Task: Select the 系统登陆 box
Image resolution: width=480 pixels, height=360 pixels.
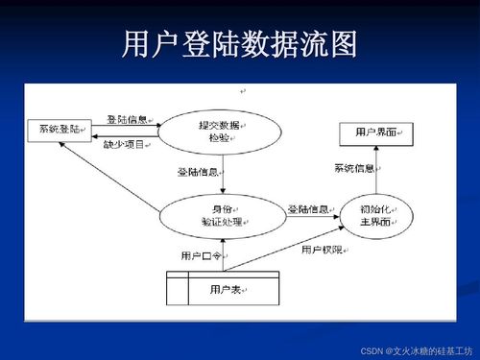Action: pyautogui.click(x=59, y=129)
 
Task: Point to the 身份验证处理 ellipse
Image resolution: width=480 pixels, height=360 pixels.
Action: pyautogui.click(x=221, y=216)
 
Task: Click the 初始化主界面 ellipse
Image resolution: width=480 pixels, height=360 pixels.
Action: pyautogui.click(x=374, y=216)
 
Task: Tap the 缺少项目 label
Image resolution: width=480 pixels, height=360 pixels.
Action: pyautogui.click(x=125, y=144)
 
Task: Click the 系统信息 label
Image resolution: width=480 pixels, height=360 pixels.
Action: pyautogui.click(x=353, y=169)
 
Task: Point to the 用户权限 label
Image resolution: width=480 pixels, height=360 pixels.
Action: pyautogui.click(x=322, y=251)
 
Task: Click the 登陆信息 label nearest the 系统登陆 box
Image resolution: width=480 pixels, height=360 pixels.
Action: pyautogui.click(x=127, y=120)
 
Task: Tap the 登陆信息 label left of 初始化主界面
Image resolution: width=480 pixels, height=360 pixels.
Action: pyautogui.click(x=308, y=208)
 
